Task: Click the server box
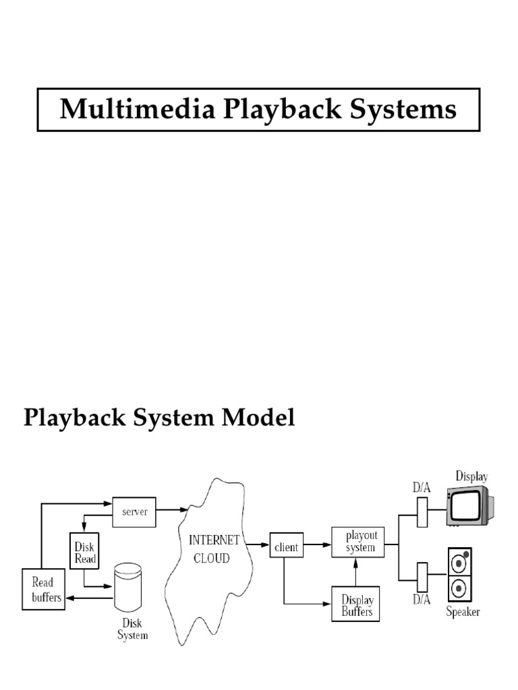point(134,511)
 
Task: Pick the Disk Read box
point(85,553)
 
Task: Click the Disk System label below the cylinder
point(132,629)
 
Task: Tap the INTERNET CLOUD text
point(214,549)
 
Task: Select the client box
point(286,547)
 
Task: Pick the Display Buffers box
point(357,604)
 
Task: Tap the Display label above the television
point(471,476)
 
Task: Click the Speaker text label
point(463,612)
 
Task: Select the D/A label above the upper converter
point(422,487)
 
